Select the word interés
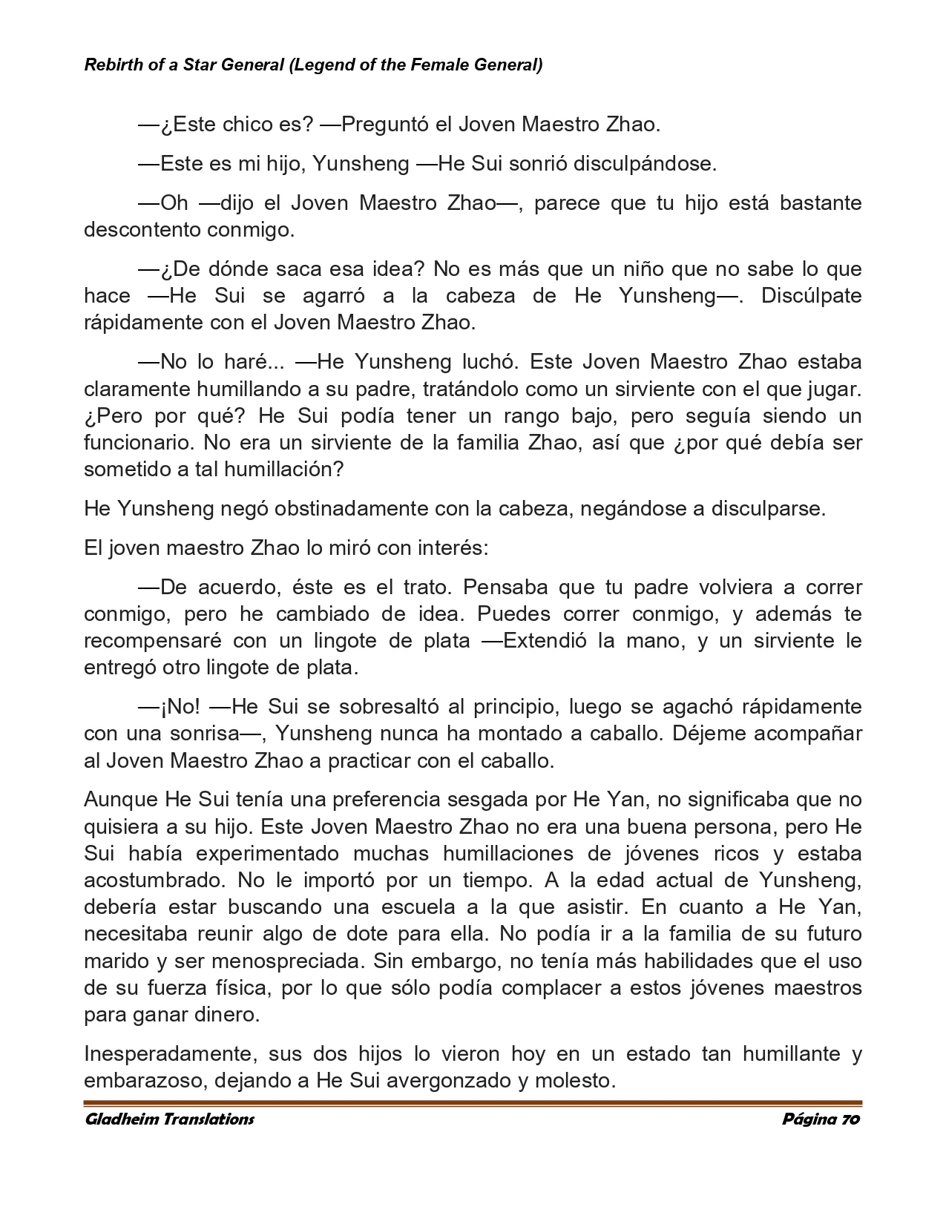[x=453, y=548]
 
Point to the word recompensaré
[x=152, y=640]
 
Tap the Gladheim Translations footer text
[x=169, y=1119]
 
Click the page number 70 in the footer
[x=850, y=1119]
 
